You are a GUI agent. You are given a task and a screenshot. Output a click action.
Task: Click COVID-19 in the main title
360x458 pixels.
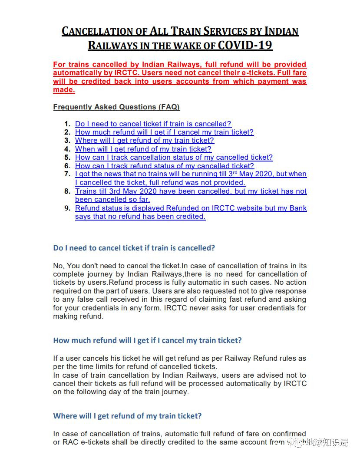pyautogui.click(x=245, y=45)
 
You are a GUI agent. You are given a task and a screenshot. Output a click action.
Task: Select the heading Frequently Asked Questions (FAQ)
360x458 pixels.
pyautogui.click(x=116, y=107)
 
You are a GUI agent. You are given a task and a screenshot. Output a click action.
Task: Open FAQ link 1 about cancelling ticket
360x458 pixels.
pyautogui.click(x=153, y=124)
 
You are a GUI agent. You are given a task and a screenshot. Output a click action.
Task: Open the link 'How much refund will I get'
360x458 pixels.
pyautogui.click(x=164, y=132)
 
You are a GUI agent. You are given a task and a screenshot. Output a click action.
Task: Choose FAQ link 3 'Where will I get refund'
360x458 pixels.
pyautogui.click(x=144, y=140)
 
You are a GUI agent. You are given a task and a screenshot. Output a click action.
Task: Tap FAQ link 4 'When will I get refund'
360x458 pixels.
pyautogui.click(x=143, y=149)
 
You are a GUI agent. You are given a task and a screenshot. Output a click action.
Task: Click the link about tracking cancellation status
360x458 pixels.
pyautogui.click(x=174, y=157)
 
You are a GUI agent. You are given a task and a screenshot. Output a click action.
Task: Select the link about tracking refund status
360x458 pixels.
pyautogui.click(x=164, y=165)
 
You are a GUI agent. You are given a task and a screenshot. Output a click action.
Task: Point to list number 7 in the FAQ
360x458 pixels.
pyautogui.click(x=67, y=174)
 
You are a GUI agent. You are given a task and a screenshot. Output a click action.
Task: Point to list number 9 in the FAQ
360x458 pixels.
pyautogui.click(x=67, y=208)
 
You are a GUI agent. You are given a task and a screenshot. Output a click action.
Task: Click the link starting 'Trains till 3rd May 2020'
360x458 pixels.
pyautogui.click(x=191, y=191)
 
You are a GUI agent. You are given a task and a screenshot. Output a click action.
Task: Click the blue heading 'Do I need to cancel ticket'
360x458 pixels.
pyautogui.click(x=134, y=248)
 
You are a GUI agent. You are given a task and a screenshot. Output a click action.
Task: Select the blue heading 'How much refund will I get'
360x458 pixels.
pyautogui.click(x=147, y=340)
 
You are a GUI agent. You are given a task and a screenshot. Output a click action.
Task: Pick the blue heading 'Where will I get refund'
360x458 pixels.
pyautogui.click(x=127, y=416)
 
